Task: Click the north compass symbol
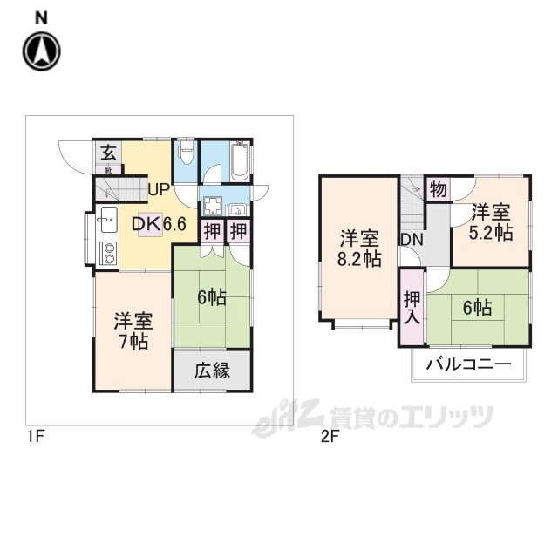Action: point(42,51)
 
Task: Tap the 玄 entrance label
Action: point(108,153)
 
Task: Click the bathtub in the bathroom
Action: point(240,161)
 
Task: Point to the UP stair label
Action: point(159,190)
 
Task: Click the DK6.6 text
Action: point(159,224)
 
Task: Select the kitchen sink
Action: point(108,220)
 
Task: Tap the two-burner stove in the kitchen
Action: point(108,253)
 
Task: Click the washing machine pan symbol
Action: point(212,207)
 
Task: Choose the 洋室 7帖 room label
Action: point(133,331)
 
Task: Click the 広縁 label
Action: point(213,371)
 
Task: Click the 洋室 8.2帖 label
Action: point(359,248)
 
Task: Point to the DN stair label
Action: point(412,240)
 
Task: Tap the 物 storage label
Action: point(438,189)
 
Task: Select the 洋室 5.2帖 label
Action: point(491,222)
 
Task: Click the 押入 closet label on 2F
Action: point(412,308)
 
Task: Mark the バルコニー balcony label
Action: point(469,364)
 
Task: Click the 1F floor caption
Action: point(36,436)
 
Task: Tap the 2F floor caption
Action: point(330,436)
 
